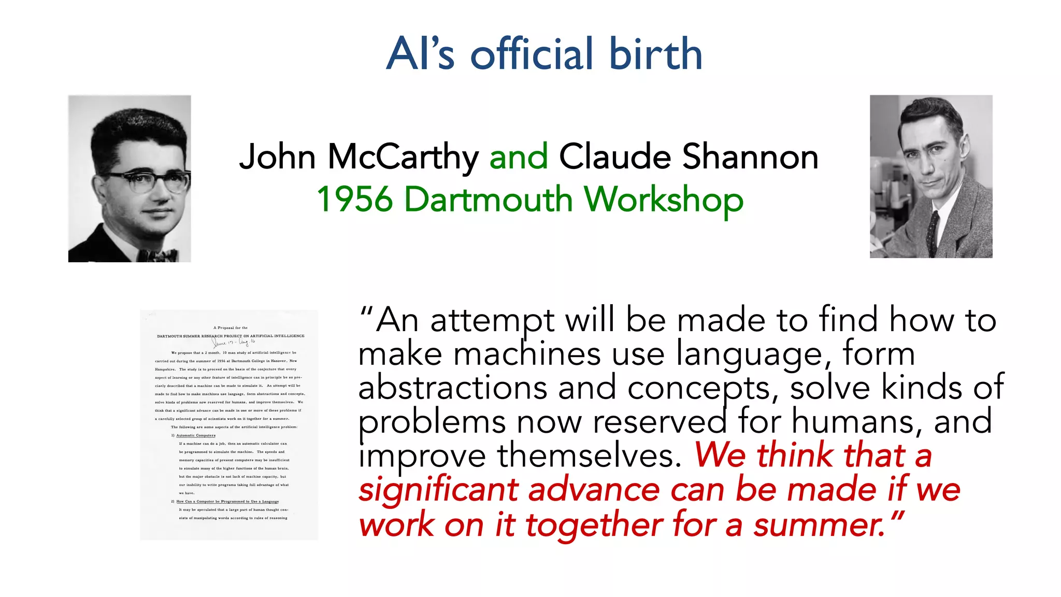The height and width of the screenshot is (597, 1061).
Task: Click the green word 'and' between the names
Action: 519,157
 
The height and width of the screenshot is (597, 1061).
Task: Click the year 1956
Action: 354,200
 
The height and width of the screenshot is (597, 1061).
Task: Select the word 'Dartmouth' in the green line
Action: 488,200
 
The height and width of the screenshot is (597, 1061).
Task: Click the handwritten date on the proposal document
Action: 234,342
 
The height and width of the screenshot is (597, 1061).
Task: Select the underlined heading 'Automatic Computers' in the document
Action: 196,435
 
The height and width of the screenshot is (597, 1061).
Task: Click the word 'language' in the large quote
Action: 750,355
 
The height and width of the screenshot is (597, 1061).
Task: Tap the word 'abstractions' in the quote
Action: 452,388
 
